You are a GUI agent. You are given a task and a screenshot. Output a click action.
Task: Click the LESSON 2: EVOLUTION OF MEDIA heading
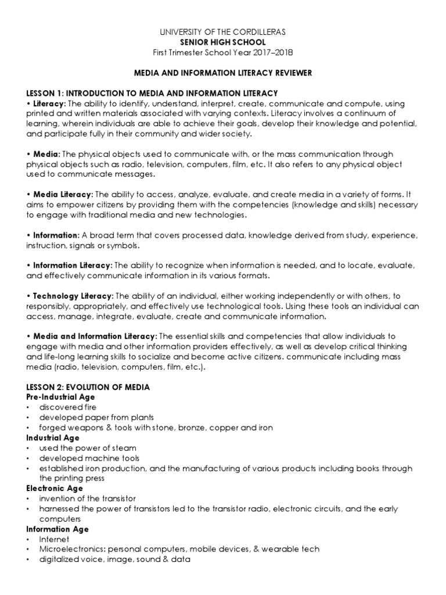tap(88, 387)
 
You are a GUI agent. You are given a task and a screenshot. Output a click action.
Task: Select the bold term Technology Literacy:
tap(74, 296)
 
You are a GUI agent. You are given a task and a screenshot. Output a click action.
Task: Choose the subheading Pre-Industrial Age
tap(60, 397)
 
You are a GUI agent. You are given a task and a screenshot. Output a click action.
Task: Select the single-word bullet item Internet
tap(54, 539)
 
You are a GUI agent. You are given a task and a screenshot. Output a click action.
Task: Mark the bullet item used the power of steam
tap(80, 448)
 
